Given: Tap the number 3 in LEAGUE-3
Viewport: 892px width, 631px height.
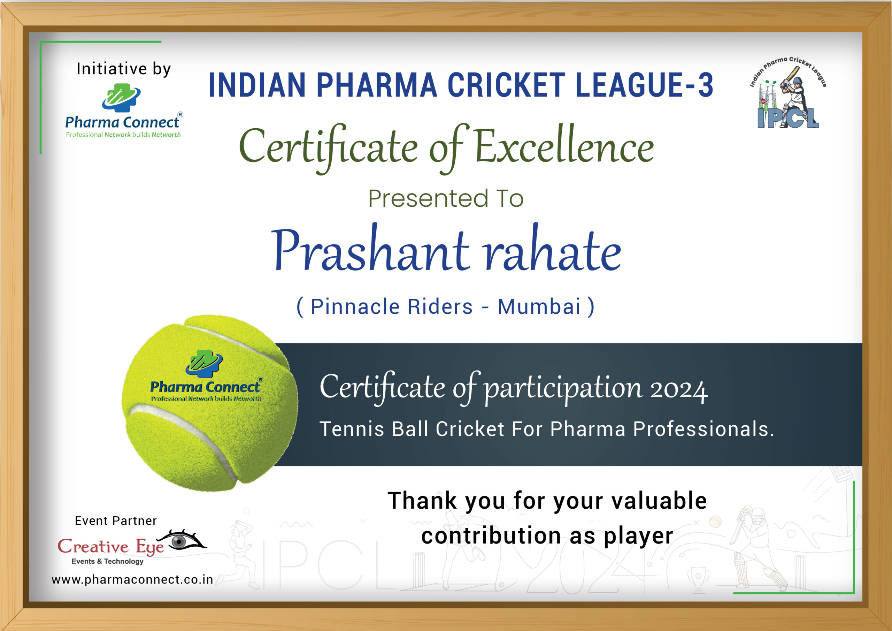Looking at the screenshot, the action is coord(705,85).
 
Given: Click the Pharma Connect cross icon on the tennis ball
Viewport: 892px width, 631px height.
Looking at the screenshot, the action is coord(204,364).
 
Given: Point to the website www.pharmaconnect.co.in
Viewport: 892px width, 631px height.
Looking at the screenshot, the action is coord(132,580).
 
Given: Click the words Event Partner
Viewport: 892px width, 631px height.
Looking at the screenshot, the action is coord(116,520).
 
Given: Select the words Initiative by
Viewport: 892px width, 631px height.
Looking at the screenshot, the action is coord(124,69).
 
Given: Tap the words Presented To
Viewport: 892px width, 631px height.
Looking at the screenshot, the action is coord(446,198).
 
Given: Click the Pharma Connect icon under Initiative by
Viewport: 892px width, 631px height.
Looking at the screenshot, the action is coord(121,98).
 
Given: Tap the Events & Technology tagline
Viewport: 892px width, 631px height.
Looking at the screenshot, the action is coord(107,561).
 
